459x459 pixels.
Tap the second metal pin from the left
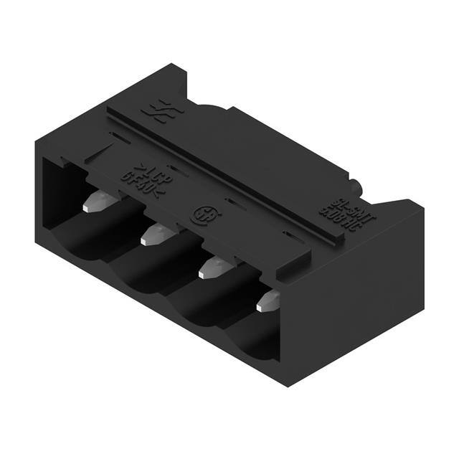(x=153, y=235)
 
